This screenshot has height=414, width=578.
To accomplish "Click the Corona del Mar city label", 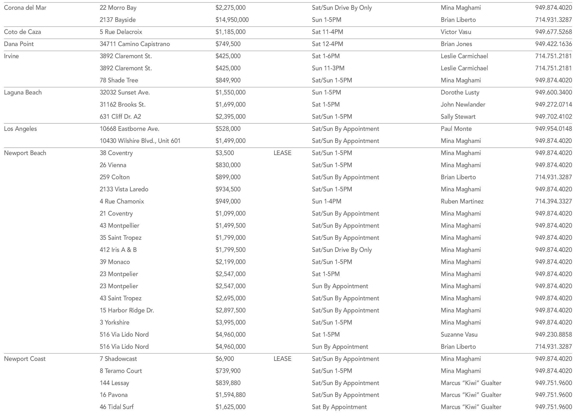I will click(25, 8).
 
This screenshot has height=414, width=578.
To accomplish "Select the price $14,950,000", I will click(232, 20).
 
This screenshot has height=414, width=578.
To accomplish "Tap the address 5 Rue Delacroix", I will click(121, 32).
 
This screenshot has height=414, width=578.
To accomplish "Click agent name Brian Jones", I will click(456, 44).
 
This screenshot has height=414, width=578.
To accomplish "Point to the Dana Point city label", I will click(19, 44).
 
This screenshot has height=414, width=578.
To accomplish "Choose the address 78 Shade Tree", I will click(119, 80).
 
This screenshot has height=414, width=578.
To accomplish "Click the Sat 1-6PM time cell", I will click(326, 56).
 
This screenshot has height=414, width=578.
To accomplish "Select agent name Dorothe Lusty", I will click(460, 92).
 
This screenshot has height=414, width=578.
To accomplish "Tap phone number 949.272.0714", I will click(553, 104).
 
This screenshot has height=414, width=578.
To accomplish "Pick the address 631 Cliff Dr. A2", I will click(120, 117).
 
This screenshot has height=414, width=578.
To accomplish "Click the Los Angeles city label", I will click(20, 129).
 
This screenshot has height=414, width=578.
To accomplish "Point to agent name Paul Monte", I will click(456, 129).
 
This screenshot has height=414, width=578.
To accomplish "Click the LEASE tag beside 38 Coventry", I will click(282, 153).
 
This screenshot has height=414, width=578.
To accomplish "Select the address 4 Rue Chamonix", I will click(122, 201).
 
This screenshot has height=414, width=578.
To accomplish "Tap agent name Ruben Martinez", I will click(462, 201).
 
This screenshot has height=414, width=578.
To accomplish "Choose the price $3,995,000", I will click(230, 322).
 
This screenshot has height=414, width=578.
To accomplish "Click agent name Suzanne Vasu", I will click(459, 335).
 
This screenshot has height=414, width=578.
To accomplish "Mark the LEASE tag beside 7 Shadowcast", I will click(282, 359).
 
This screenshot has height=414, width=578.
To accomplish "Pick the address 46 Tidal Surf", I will click(116, 407).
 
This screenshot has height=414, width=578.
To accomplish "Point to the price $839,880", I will click(228, 383).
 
